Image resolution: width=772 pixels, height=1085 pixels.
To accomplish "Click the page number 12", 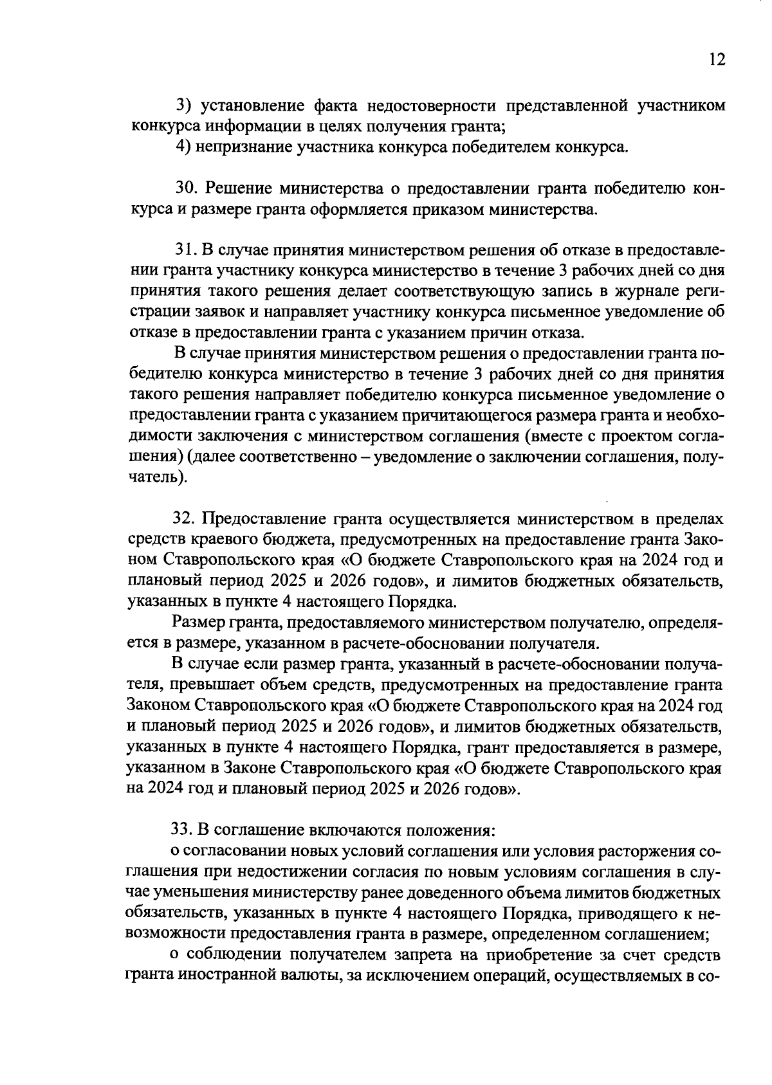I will [717, 60].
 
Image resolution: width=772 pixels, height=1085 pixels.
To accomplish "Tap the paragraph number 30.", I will [186, 189].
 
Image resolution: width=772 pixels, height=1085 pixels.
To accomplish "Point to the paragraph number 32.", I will [185, 518].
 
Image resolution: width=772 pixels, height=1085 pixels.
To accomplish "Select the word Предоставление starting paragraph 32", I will [263, 518].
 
